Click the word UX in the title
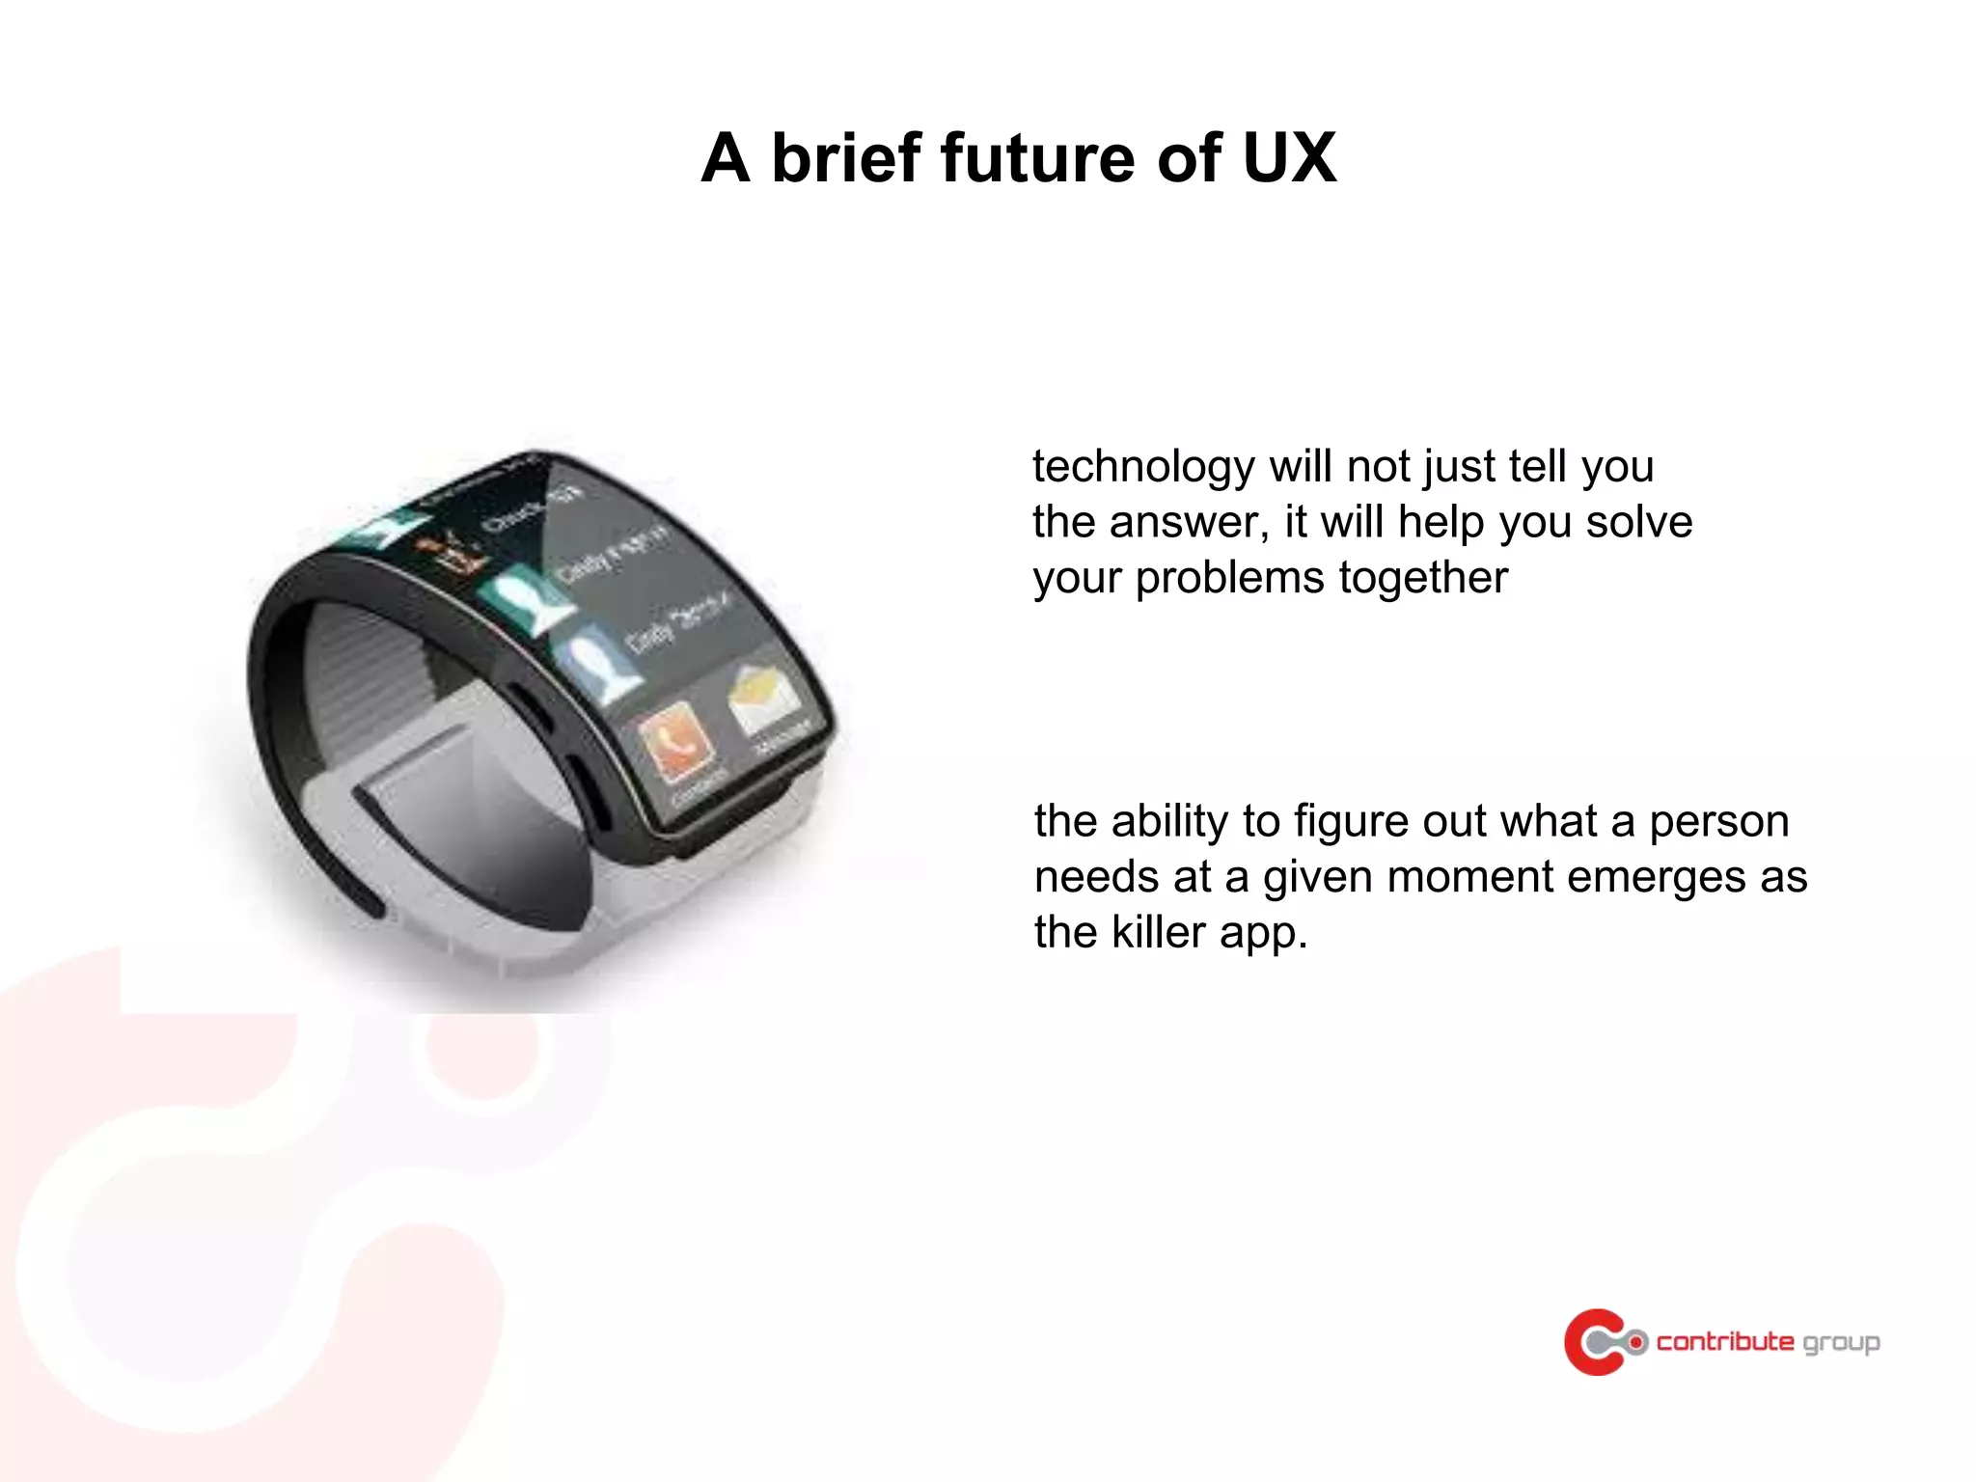coord(1289,158)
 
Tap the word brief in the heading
coord(844,158)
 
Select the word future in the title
coord(1037,158)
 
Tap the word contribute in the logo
coord(1724,1341)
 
